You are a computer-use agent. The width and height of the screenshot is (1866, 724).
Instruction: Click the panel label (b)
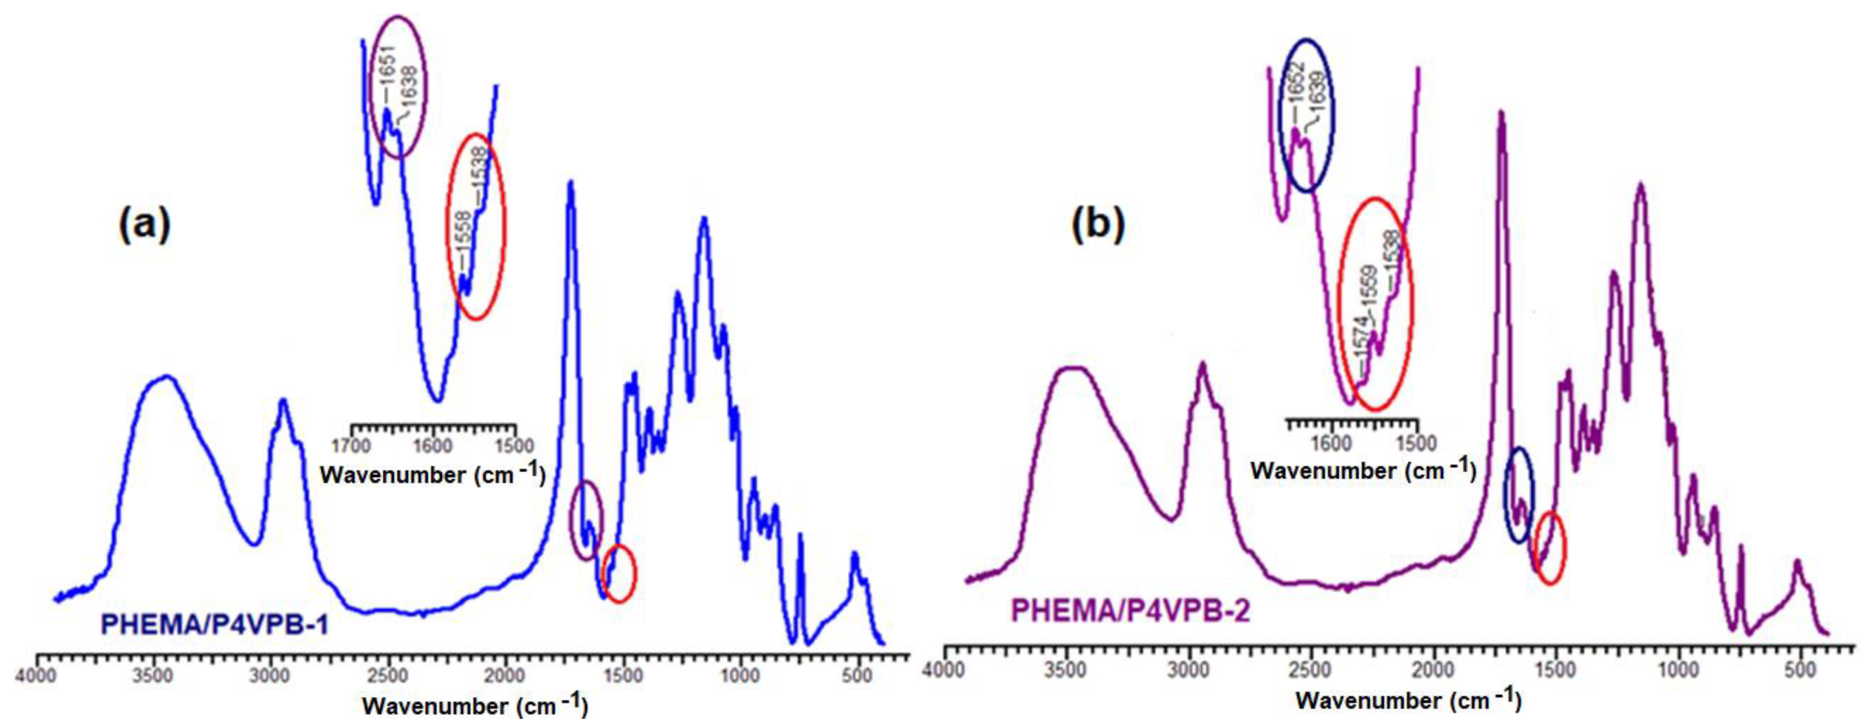pos(1098,225)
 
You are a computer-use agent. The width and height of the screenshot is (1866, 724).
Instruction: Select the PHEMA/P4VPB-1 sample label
pos(214,624)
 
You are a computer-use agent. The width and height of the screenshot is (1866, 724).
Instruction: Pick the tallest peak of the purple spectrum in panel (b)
pos(1502,114)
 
